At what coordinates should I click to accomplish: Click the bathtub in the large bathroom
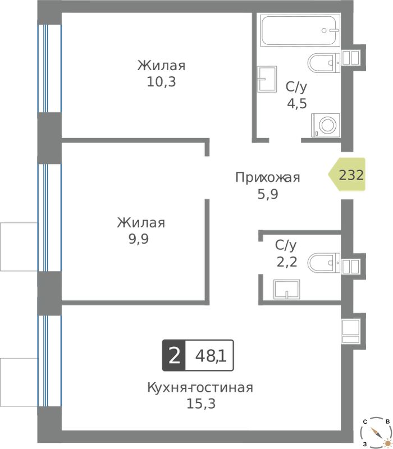pos(300,31)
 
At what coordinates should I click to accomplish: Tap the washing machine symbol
pos(326,125)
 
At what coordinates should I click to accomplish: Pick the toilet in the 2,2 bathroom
pos(324,262)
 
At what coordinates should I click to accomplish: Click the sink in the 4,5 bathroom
pos(267,79)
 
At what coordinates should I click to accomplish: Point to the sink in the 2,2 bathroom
pos(286,289)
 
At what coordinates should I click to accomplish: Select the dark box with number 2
pos(174,356)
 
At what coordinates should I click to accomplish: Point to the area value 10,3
pos(161,82)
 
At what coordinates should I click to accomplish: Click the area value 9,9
pos(139,239)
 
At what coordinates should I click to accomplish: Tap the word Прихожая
pos(268,177)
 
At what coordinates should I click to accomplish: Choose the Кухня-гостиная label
pos(200,388)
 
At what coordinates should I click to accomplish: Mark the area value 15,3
pos(201,404)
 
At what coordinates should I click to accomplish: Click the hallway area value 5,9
pos(268,194)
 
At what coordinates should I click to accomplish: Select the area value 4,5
pos(297,104)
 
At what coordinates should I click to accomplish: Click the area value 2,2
pos(287,262)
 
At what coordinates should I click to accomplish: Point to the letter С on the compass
pos(365,421)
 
